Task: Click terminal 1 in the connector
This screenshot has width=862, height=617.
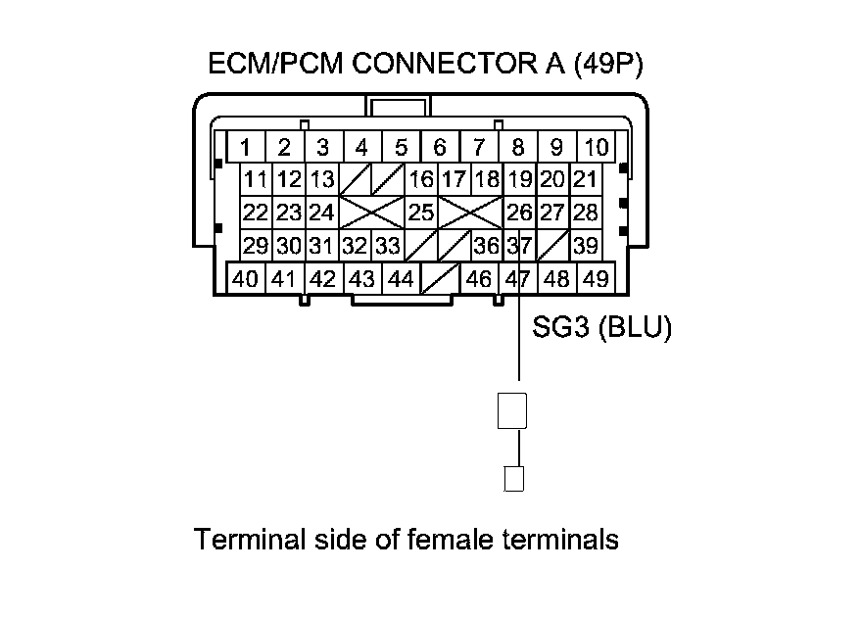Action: click(x=246, y=148)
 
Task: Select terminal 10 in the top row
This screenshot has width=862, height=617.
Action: click(x=596, y=148)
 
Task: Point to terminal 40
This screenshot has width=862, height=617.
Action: click(x=246, y=279)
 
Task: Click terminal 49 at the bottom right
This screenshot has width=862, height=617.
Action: click(x=596, y=279)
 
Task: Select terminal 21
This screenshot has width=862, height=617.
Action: click(x=586, y=180)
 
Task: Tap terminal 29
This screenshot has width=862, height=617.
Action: click(x=256, y=245)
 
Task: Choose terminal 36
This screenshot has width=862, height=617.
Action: click(x=487, y=245)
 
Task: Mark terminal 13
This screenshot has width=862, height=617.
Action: click(x=321, y=180)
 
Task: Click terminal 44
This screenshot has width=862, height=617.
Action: click(x=401, y=279)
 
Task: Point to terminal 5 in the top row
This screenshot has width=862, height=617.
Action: click(x=401, y=148)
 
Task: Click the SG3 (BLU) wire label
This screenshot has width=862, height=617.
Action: click(x=601, y=328)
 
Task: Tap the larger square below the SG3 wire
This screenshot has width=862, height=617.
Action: click(x=513, y=410)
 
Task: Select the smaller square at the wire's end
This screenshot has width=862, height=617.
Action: click(x=513, y=479)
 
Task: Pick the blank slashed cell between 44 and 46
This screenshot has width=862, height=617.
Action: click(x=440, y=280)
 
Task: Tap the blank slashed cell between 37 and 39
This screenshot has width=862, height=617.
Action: click(x=554, y=245)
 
